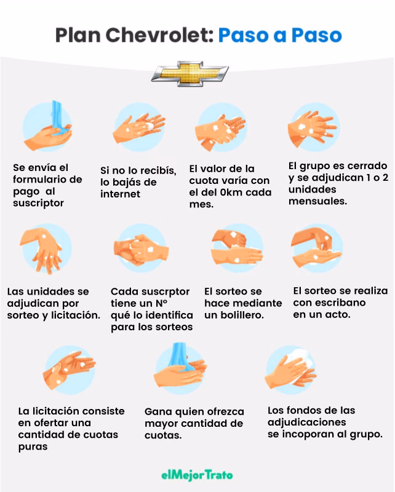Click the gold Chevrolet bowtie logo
pyautogui.click(x=190, y=74)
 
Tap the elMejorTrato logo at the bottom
pyautogui.click(x=197, y=475)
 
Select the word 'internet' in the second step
pyautogui.click(x=121, y=194)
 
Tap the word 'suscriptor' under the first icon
pyautogui.click(x=38, y=203)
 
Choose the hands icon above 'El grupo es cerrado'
pyautogui.click(x=313, y=127)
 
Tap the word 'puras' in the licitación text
pyautogui.click(x=33, y=447)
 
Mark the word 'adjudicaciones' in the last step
pyautogui.click(x=306, y=423)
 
